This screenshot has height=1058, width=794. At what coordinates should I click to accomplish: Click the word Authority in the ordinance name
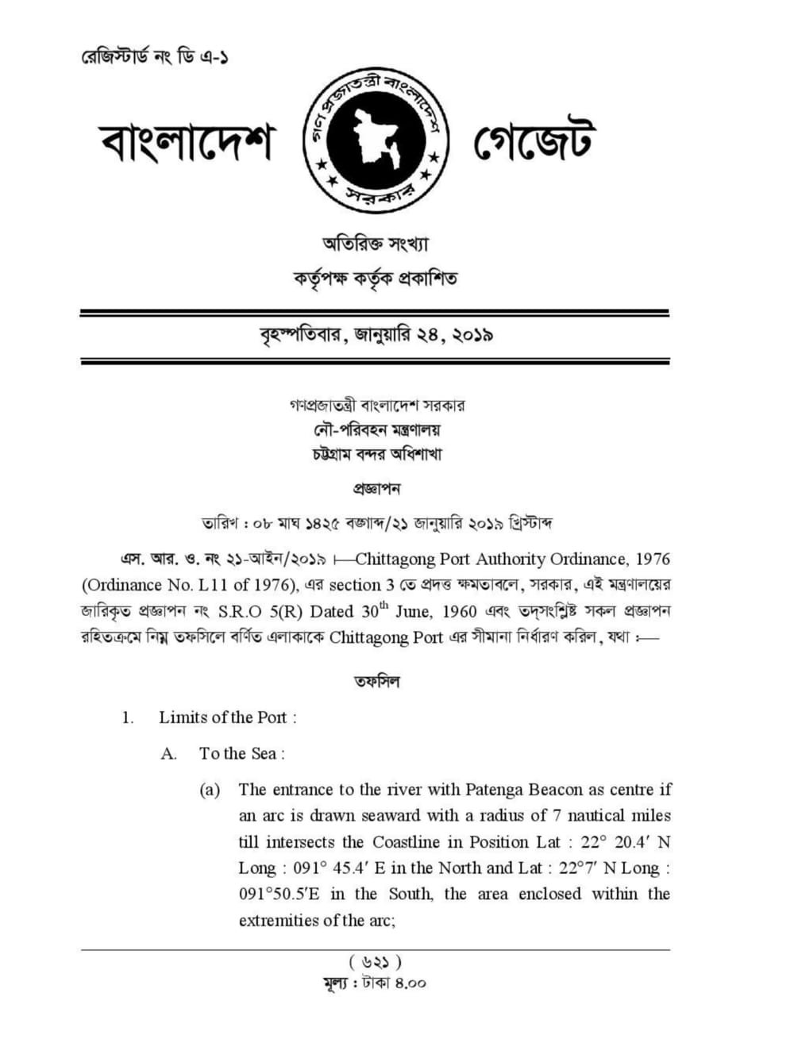click(x=506, y=560)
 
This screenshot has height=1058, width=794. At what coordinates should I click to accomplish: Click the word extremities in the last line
click(x=278, y=921)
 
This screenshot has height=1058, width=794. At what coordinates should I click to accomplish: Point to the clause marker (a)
click(x=210, y=790)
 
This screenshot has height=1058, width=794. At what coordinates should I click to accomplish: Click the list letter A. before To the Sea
click(x=168, y=754)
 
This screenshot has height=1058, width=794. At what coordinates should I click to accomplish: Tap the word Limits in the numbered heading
click(x=182, y=718)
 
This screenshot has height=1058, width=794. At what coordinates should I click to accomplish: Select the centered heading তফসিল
click(x=376, y=681)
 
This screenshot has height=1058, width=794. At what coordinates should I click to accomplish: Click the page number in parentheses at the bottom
click(x=376, y=963)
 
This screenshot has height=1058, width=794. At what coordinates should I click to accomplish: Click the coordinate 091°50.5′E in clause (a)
click(x=279, y=894)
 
